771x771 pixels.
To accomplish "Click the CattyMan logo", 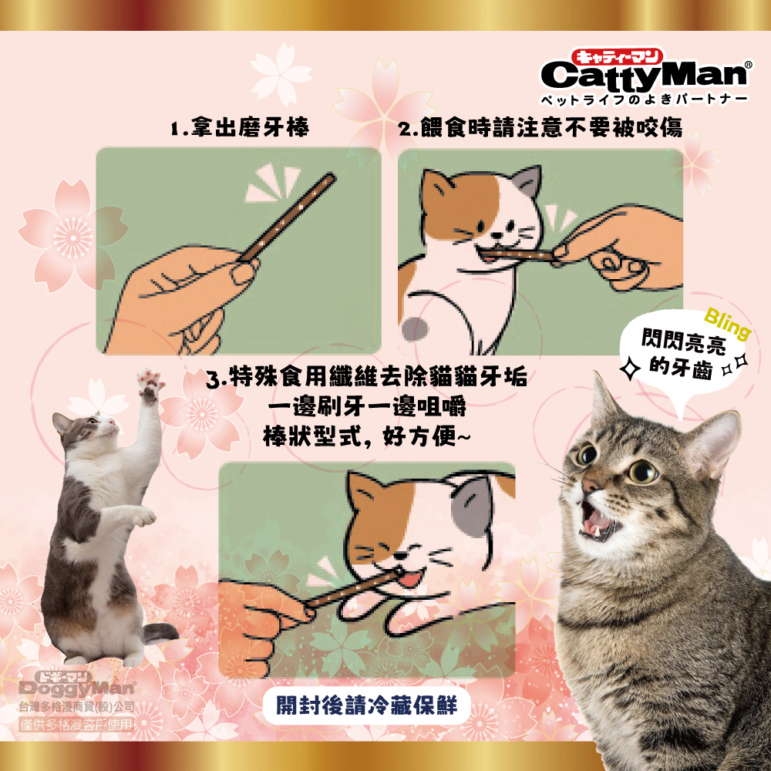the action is pos(645,76).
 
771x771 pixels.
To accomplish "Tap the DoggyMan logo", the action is pos(76,684).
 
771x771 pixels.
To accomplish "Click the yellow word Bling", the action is pos(728,323).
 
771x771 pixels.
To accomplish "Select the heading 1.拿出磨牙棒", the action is pos(240,127).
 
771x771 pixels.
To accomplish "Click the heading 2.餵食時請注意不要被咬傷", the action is pos(540,127).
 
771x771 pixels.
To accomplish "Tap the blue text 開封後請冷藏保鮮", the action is pos(366,705).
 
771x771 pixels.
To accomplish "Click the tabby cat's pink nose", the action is pos(589,485).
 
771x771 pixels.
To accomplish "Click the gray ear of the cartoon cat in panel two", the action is pos(529,180).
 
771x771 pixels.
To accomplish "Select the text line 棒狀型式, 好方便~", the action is pos(367,436).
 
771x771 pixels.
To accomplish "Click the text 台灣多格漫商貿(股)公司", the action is pos(76,707).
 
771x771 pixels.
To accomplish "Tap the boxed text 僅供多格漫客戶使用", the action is pos(76,724).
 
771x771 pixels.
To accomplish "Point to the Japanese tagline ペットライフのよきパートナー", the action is pos(644,99).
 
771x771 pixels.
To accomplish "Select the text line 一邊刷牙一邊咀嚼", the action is pos(367,406).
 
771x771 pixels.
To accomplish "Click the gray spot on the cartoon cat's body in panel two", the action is pos(415,329).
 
